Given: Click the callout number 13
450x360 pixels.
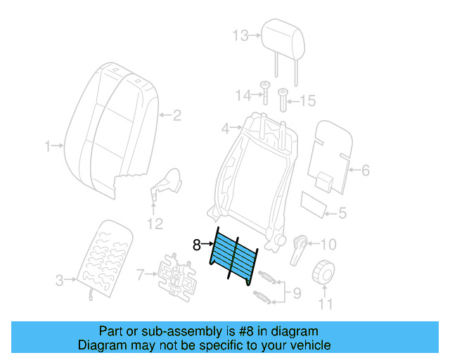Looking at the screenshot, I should pos(240,36).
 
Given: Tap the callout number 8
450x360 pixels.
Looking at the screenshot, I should pos(198,245).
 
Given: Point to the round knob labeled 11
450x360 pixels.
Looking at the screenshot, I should pos(324,271).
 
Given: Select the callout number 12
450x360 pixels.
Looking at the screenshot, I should pos(155,224).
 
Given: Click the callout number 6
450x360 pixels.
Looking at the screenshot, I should pos(365,169).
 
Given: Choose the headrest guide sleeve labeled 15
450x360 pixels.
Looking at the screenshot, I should pos(283,99).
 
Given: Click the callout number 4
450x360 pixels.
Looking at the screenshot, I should pos(225,129).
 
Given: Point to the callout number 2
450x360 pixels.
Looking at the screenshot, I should pos(177,115).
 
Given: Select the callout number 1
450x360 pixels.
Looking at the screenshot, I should pos(49,146).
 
